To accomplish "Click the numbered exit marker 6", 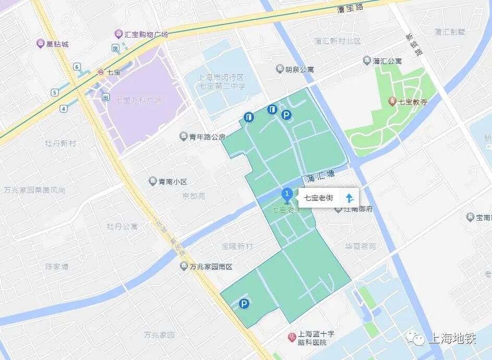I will coord(77,66).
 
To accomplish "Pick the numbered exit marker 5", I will coord(54,92).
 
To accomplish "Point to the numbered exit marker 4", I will coord(64,109).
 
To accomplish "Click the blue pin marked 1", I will coord(286,195).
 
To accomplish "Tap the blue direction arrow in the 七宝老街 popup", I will coord(350,198).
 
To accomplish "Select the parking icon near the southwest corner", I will coord(244,304).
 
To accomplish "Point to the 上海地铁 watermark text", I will coord(452,339).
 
